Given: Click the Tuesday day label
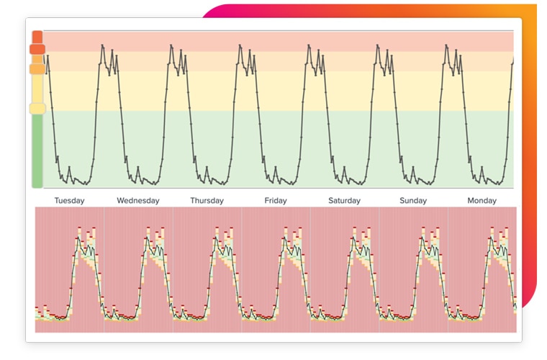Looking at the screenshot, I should coord(69,201).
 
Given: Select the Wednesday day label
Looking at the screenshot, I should coord(137,201).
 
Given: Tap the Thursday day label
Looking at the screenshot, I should coord(207,201).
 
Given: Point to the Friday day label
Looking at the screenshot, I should coord(276,201).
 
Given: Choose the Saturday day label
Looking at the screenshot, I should coord(345,201).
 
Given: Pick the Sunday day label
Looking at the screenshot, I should coord(413,201).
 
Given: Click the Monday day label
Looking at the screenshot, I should coord(482,201).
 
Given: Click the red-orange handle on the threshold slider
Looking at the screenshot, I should coord(37,49).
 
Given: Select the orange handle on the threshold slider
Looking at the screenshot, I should coord(37,69).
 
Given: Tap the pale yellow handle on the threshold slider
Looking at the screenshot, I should coord(37,109).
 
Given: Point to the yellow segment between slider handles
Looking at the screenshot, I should coord(37,89).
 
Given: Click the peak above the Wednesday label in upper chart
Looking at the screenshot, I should coord(172,46).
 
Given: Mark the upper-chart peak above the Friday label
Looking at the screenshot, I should coord(309,46).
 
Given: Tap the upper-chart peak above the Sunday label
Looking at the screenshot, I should coord(447,46).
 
